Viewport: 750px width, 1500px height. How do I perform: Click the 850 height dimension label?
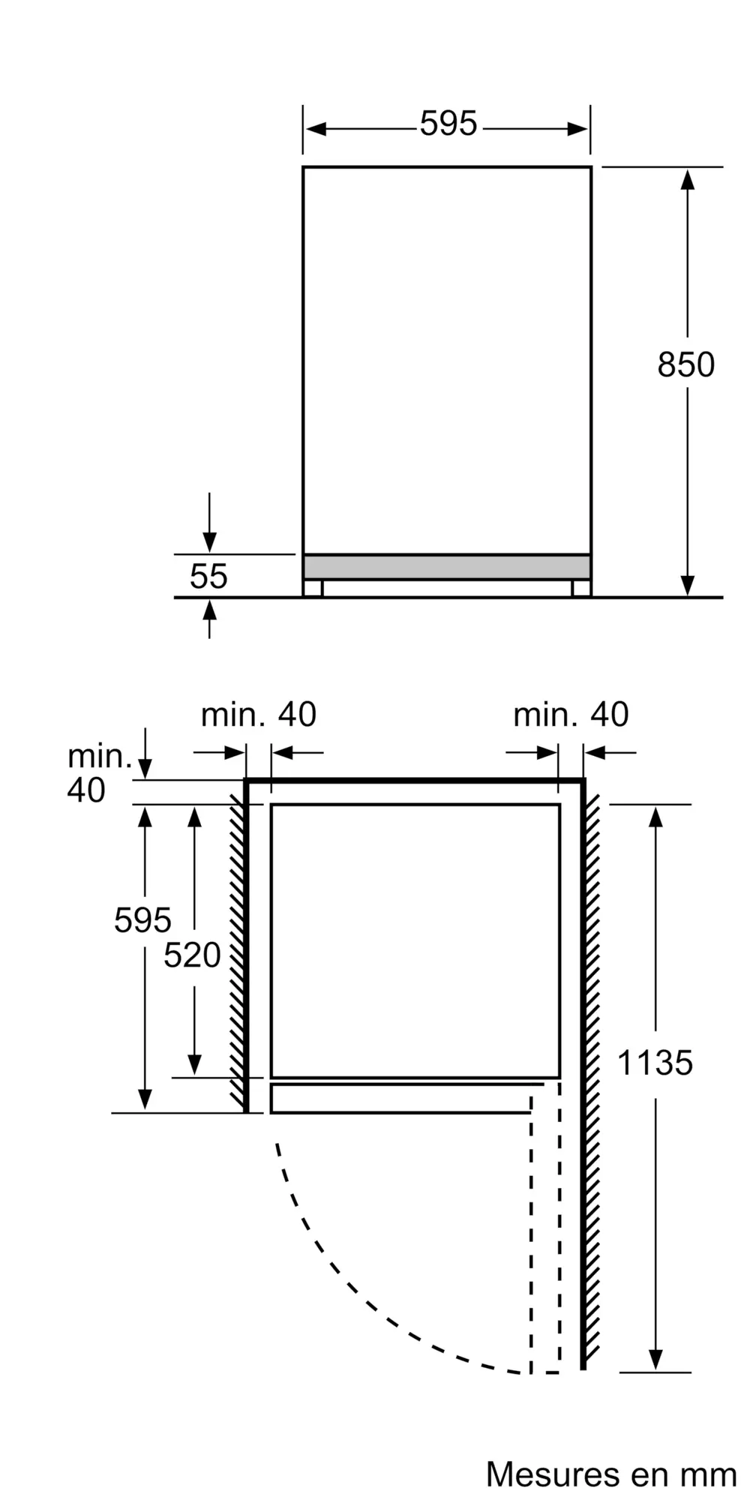(x=685, y=364)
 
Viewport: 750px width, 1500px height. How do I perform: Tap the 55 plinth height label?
(x=208, y=576)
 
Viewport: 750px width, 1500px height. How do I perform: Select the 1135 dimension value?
(x=655, y=1063)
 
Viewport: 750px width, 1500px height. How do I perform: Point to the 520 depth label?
(x=193, y=955)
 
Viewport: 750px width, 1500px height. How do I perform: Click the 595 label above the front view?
(x=448, y=124)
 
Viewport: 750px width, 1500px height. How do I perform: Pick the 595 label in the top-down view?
(x=142, y=919)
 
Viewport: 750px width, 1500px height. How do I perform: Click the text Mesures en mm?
(x=611, y=1474)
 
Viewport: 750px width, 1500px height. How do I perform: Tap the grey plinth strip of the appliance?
(x=447, y=567)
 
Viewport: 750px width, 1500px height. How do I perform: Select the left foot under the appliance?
(x=313, y=588)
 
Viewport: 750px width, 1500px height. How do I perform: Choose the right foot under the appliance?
(x=581, y=588)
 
